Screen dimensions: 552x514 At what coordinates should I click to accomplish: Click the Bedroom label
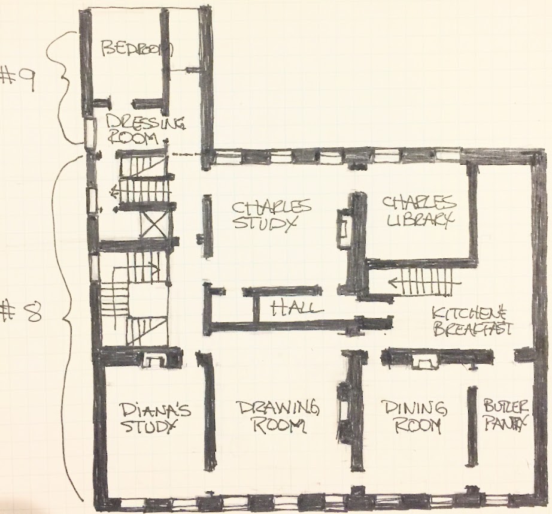pos(137,49)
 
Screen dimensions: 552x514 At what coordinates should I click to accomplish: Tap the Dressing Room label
pos(145,129)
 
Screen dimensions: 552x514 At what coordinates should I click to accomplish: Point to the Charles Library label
pos(419,211)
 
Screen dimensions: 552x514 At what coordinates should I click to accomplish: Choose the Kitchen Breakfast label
pos(472,322)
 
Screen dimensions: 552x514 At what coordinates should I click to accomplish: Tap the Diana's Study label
pos(155,418)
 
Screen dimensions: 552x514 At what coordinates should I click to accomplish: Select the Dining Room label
pos(415,418)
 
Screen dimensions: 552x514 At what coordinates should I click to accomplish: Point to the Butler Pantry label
pos(505,415)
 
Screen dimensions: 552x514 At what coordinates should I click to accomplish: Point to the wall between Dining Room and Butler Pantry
pos(472,427)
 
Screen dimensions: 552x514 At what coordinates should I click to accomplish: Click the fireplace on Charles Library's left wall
pos(343,229)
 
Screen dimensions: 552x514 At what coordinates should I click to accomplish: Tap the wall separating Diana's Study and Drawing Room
pos(208,410)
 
